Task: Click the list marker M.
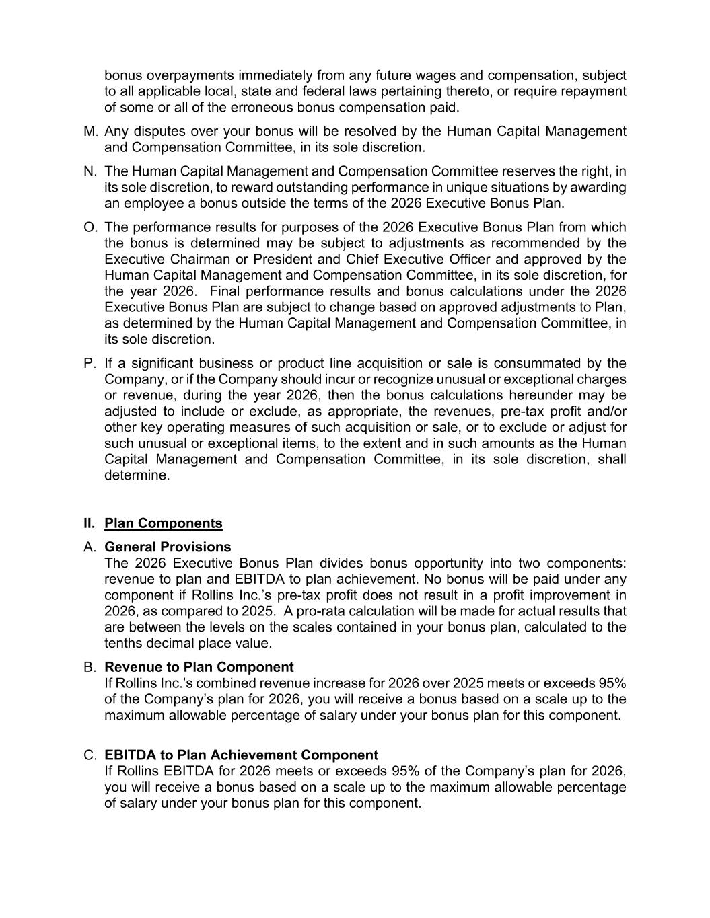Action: point(91,131)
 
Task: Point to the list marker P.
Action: point(90,363)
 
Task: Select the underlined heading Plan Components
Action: point(163,523)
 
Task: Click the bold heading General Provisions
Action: point(168,547)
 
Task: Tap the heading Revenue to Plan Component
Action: point(199,667)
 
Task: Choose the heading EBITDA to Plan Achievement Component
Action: point(241,755)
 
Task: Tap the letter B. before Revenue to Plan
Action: point(90,667)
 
